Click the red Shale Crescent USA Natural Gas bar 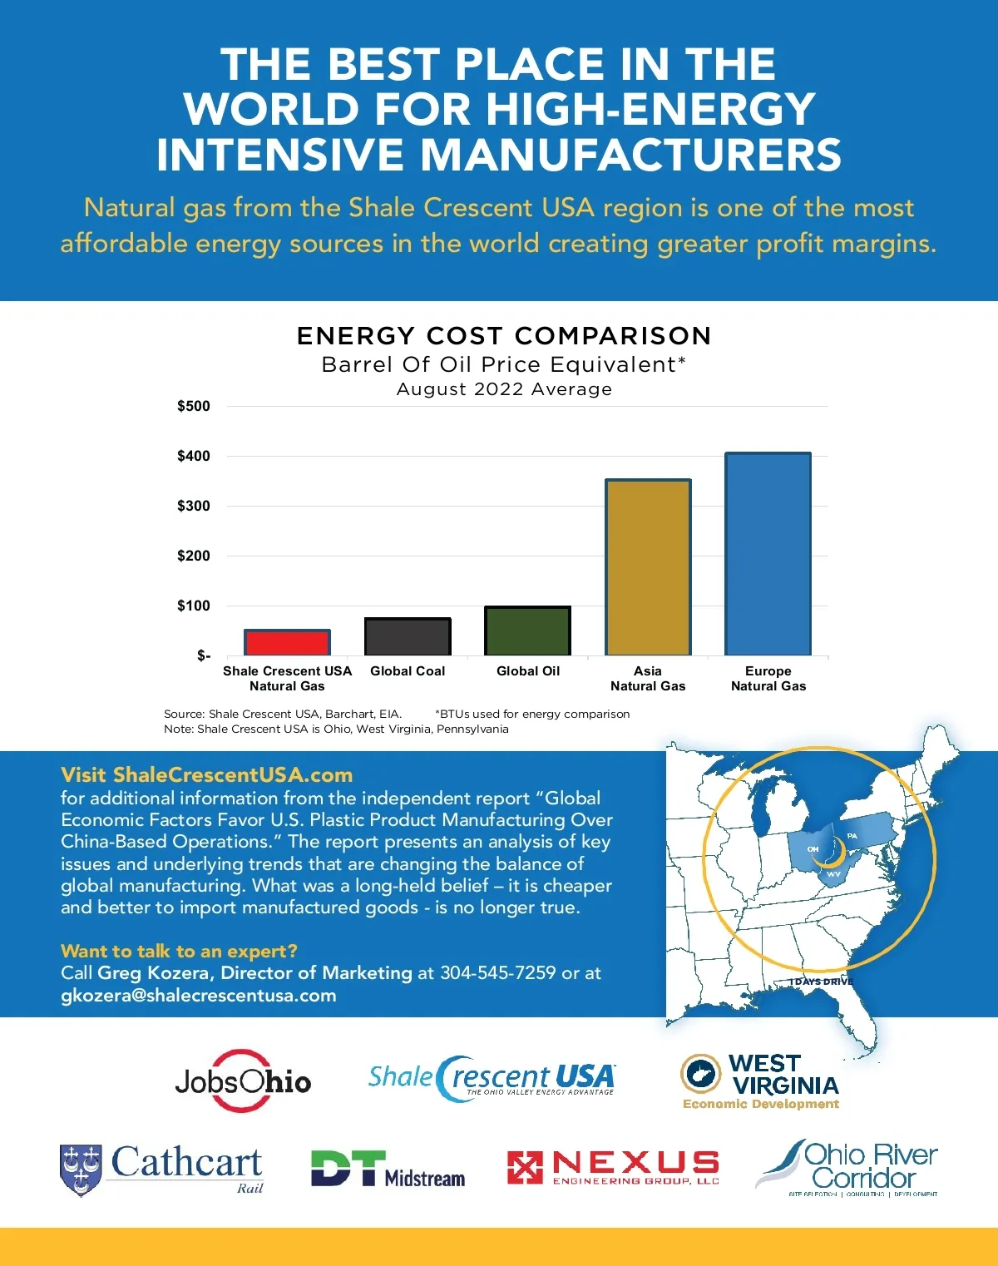[x=287, y=642]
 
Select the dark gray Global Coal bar [x=408, y=636]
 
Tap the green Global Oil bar [x=527, y=631]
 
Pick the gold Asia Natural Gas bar [x=648, y=567]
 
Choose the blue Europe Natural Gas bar [x=768, y=554]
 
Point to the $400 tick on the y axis [x=194, y=456]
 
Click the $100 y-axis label [x=194, y=606]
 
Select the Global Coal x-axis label [x=408, y=671]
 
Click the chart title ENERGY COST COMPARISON [x=504, y=336]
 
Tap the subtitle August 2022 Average [x=504, y=389]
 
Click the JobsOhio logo [x=243, y=1081]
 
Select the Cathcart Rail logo [x=161, y=1168]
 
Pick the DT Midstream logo [x=388, y=1169]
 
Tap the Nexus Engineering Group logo [x=613, y=1167]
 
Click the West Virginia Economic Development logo [x=760, y=1081]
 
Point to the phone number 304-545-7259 [x=497, y=973]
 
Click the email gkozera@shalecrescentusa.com [x=199, y=996]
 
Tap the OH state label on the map [x=813, y=849]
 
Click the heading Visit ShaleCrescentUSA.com [x=206, y=775]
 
